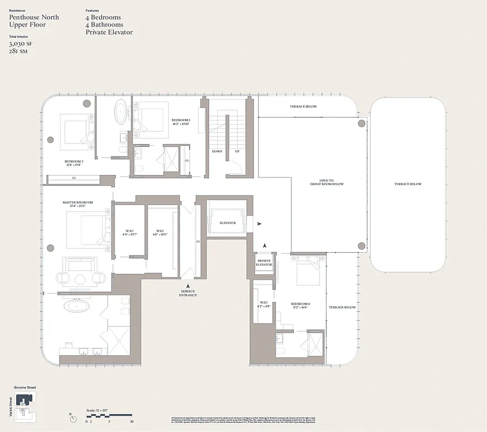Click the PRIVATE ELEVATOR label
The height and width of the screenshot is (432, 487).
[x=264, y=263]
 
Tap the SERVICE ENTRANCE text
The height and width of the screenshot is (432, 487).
[x=188, y=293]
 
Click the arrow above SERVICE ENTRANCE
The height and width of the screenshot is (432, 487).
[x=188, y=286]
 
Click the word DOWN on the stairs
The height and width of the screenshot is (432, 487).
[x=217, y=152]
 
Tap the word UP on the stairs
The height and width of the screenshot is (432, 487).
[x=237, y=152]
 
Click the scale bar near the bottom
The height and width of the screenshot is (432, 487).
[x=109, y=415]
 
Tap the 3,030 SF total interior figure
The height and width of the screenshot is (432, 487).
[x=18, y=44]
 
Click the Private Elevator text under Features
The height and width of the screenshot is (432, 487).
[x=109, y=32]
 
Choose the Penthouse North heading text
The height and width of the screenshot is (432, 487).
[x=34, y=17]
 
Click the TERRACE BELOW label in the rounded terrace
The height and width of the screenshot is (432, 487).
[x=408, y=184]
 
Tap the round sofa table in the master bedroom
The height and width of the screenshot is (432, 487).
[x=81, y=279]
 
